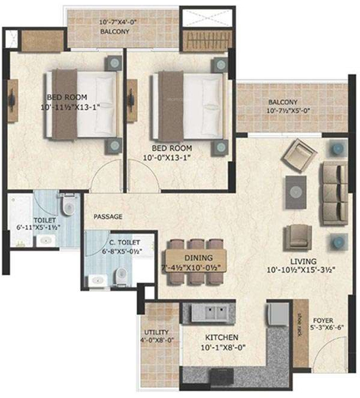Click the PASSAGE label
coord(108,217)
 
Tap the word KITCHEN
coord(222,338)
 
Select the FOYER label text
coord(323,320)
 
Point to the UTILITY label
coord(156,332)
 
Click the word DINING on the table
coord(198,258)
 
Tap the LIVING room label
coord(303,261)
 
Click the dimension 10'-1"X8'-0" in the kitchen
coord(223,347)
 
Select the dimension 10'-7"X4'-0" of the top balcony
coord(118,22)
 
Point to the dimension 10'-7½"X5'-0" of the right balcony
coord(288,111)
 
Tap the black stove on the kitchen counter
coord(222,376)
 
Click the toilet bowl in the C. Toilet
coord(121,275)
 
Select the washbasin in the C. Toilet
coord(98,281)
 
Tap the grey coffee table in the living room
coord(296,192)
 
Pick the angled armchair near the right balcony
coord(299,156)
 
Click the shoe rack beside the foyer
coord(301,333)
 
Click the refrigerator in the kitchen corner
coord(278,314)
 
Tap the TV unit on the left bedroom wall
coord(12,101)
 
